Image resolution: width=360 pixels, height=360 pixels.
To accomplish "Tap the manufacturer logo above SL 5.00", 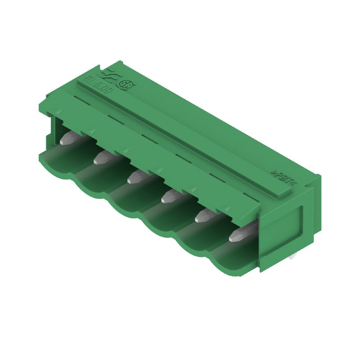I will [110, 74].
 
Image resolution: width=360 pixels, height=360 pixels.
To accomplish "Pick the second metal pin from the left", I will [103, 157].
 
